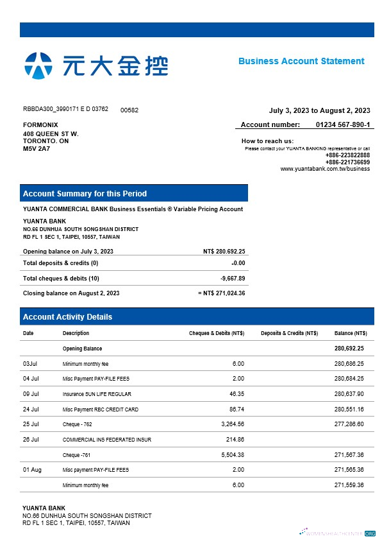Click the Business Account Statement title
301,61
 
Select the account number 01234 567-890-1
343,125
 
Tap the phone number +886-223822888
347,155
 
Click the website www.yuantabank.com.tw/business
325,169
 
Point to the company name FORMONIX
40,125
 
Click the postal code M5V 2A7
37,148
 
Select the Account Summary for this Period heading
85,193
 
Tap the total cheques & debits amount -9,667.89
232,278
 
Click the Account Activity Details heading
67,316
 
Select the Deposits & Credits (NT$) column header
289,333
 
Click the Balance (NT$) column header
351,333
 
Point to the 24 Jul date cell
31,409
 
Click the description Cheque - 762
77,424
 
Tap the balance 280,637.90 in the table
349,393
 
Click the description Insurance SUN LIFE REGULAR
97,394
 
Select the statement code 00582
129,110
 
